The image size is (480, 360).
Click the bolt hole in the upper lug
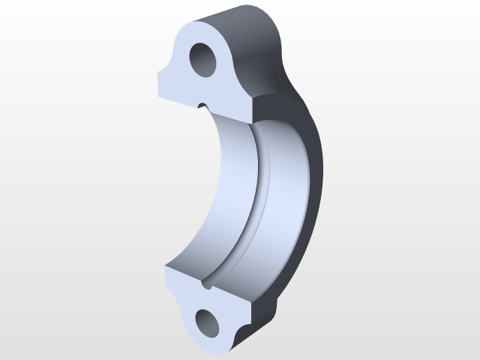point(203,58)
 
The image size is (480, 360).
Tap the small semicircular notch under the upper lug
point(201,105)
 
